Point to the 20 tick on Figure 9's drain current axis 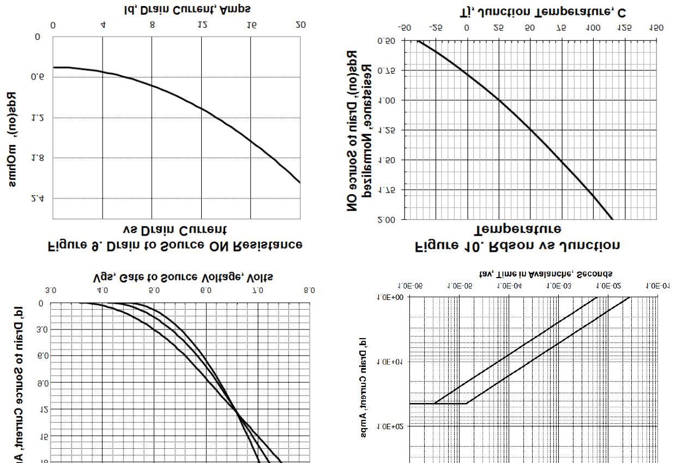300,25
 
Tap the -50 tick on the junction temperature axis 405,28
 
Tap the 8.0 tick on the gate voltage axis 309,290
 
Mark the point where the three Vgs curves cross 238,412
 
